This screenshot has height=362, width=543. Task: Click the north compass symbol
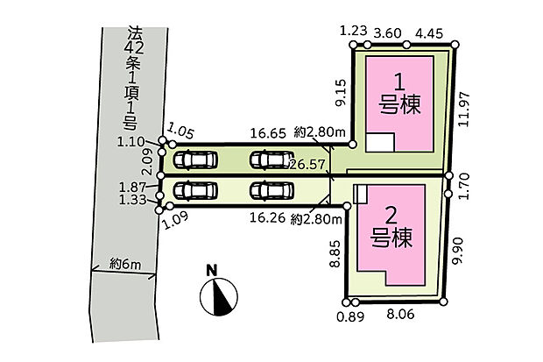pos(219,297)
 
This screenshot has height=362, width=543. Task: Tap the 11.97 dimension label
pos(464,109)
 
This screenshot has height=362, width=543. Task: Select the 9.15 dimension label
pos(341,92)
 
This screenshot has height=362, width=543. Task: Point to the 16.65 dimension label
pos(268,133)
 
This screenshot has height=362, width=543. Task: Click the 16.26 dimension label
pos(268,217)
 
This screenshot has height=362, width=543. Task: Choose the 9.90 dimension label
pos(457,251)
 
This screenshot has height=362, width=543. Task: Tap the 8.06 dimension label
pos(400,315)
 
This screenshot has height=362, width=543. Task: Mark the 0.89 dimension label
pos(351,316)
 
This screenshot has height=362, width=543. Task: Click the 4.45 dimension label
pos(429,33)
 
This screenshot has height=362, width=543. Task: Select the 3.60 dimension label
pos(388,33)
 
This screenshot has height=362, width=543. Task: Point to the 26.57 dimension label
pos(307,165)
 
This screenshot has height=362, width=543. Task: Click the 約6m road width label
pos(125,264)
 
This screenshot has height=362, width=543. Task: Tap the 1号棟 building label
pos(399,94)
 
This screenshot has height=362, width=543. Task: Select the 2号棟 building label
pos(391,227)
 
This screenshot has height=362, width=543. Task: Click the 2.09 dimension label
pos(147,161)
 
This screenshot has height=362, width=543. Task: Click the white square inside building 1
pos(380,142)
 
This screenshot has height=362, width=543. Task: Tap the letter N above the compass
pos(212,271)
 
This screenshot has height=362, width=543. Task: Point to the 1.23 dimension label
pos(353,31)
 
